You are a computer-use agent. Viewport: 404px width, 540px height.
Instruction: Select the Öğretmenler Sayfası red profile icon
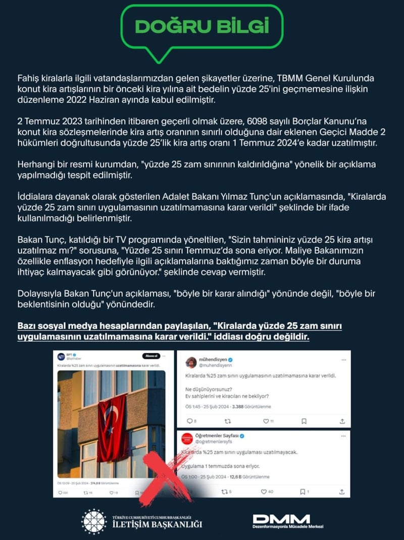coord(187,438)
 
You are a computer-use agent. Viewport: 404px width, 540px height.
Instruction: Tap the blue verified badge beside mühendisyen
coord(230,359)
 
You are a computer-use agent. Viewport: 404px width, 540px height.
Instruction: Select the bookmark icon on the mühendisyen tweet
coord(304,420)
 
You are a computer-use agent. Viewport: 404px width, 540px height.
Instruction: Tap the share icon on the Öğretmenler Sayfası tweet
coord(342,491)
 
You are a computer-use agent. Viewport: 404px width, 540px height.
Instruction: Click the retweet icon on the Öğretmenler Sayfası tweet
coord(227,491)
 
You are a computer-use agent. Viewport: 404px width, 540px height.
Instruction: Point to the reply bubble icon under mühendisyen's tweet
coord(189,420)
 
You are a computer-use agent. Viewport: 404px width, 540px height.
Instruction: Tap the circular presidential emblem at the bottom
coord(94,521)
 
